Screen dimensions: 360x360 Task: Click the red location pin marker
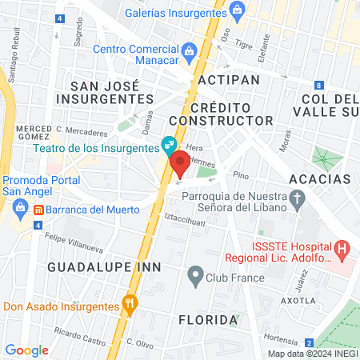pos(180,164)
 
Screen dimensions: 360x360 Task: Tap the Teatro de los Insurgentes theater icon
pos(168,145)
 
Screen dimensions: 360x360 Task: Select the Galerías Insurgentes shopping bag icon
pos(236,9)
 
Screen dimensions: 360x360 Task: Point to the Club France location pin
pos(194,278)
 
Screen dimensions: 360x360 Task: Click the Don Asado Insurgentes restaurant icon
pos(129,304)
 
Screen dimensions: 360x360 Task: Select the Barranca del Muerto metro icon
pos(38,210)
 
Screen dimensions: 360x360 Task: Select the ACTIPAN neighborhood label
pos(229,81)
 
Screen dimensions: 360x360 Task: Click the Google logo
pos(26,350)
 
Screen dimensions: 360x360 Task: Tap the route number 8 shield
pos(318,86)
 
